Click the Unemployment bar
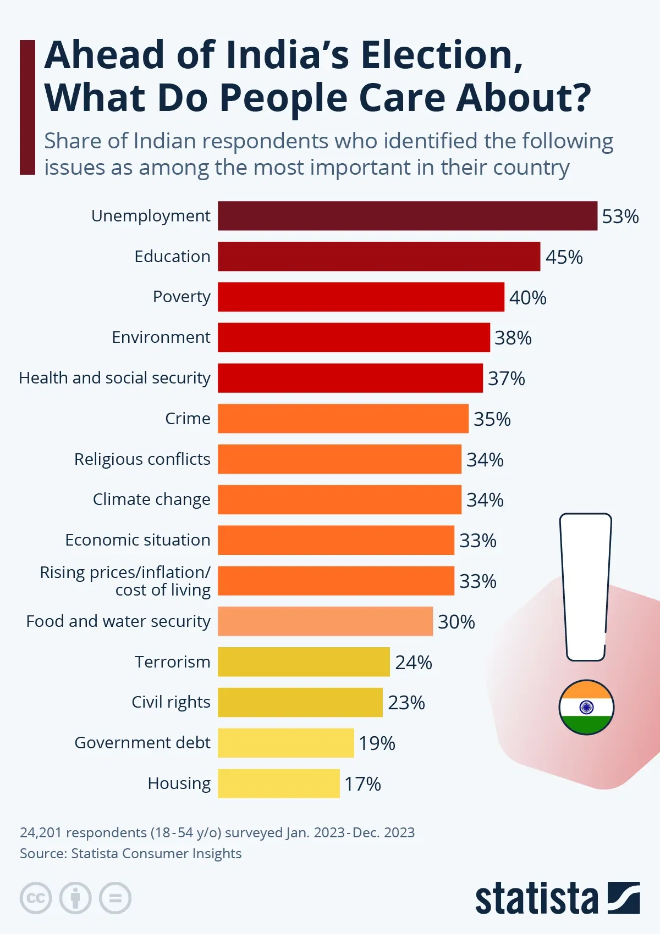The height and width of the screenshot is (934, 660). (407, 216)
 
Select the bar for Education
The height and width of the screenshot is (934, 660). (378, 257)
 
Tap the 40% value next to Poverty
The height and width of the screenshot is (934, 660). (527, 298)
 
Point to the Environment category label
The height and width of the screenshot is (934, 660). (161, 337)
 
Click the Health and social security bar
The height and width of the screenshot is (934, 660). (350, 378)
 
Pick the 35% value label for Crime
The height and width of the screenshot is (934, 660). (492, 419)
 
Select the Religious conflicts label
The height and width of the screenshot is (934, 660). (142, 459)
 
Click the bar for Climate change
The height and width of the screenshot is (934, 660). (339, 499)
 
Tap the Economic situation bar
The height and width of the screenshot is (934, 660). (335, 540)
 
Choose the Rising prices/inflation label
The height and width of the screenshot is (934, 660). (125, 581)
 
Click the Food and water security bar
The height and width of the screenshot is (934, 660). (325, 621)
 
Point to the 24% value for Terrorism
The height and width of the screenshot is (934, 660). (413, 663)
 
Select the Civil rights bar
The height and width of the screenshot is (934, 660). (300, 703)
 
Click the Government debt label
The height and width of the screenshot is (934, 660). (142, 743)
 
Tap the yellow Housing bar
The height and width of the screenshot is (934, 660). (278, 783)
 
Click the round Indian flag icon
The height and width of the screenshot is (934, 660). (586, 707)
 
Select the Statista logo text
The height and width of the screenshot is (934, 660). (536, 899)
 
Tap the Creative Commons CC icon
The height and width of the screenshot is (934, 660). (36, 898)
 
